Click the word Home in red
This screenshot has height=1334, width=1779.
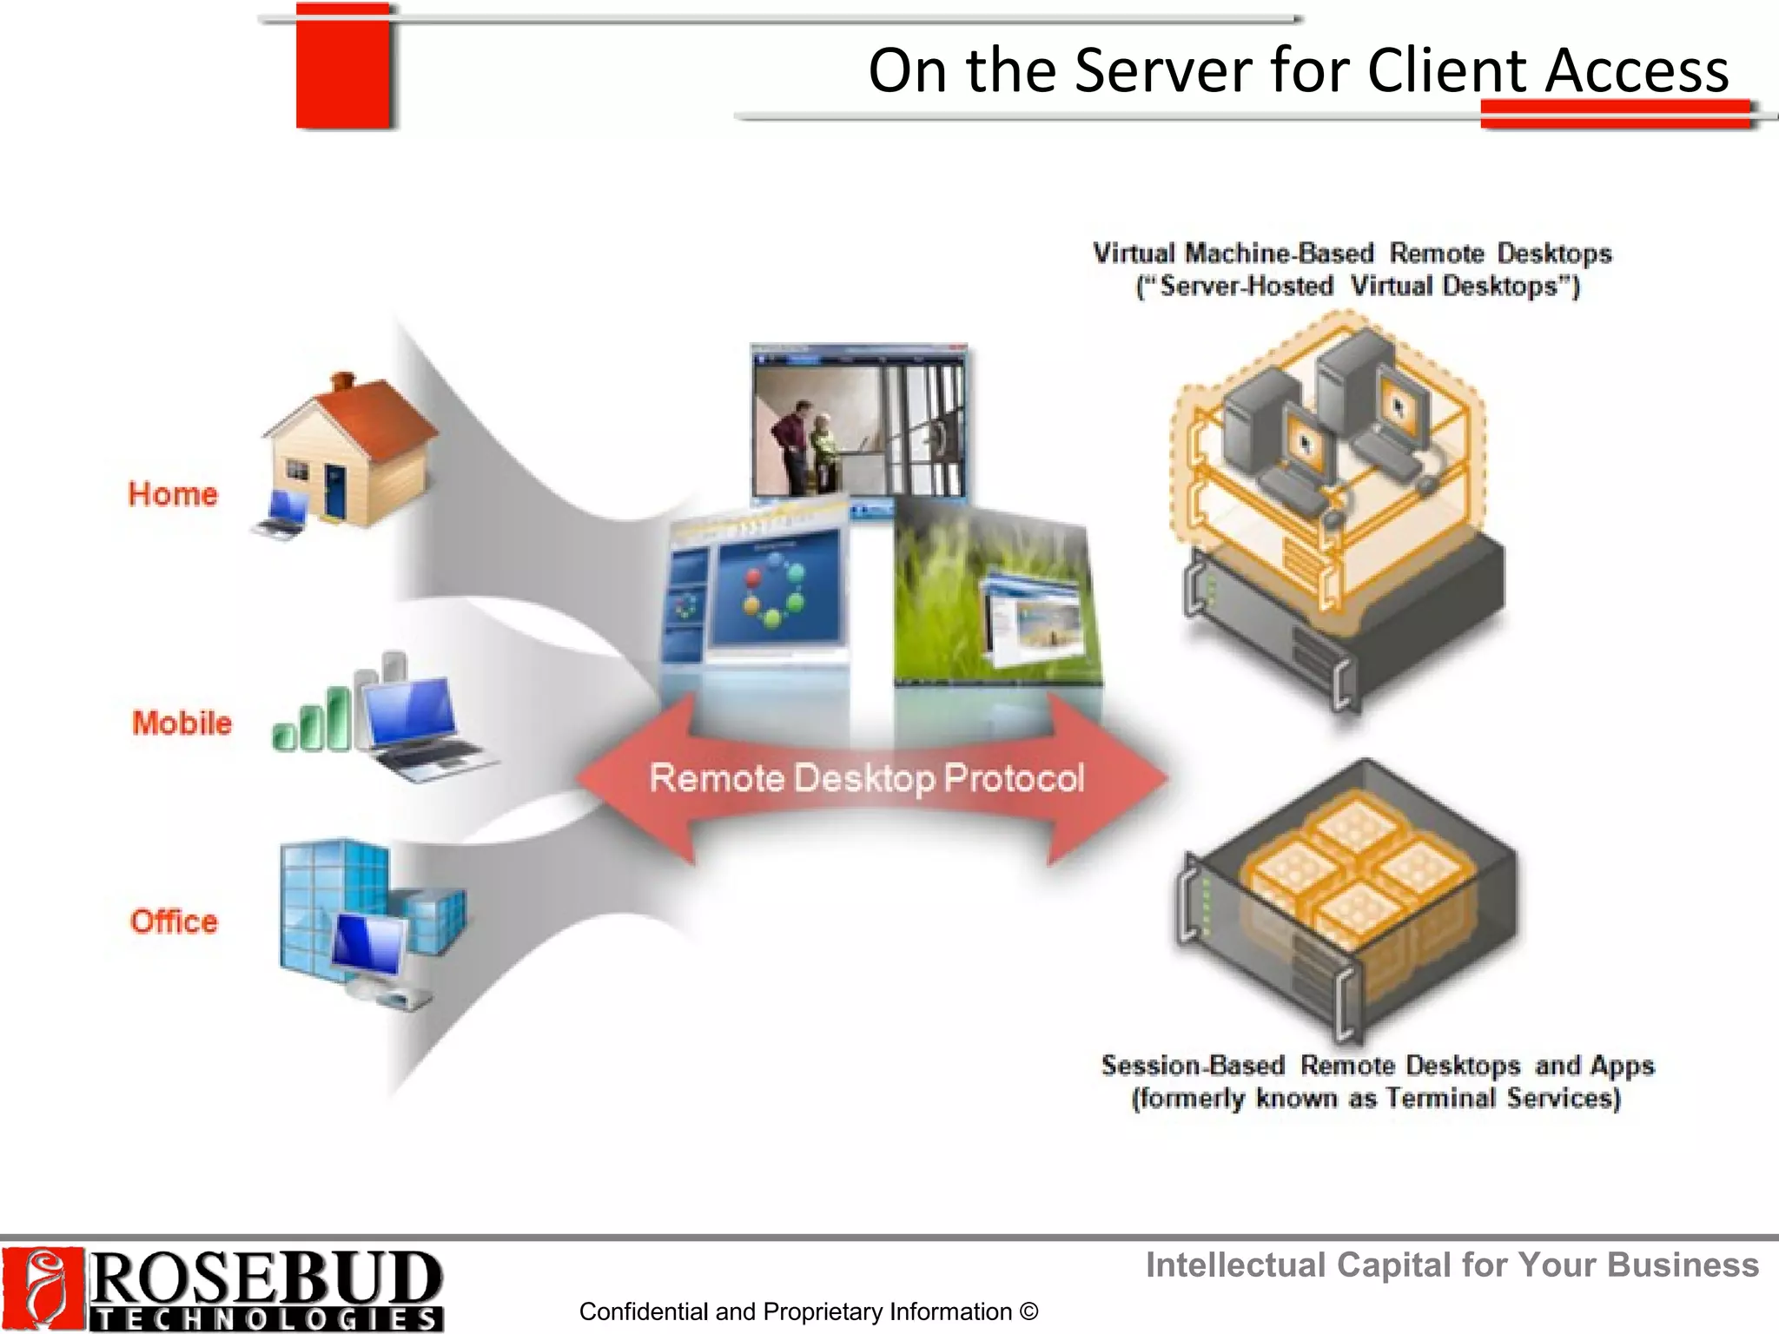coord(172,494)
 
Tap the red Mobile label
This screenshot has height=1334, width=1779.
coord(182,723)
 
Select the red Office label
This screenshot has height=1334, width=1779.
coord(174,921)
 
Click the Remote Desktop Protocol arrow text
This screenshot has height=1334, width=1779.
coord(867,778)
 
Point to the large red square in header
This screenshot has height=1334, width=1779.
coord(342,68)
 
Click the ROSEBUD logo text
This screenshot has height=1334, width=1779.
coord(266,1277)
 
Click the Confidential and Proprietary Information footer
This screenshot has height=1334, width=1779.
coord(808,1311)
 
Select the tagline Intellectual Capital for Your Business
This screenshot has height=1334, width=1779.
coord(1452,1265)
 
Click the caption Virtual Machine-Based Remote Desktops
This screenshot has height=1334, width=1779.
coord(1352,254)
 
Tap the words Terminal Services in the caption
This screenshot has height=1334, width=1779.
coord(1503,1099)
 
